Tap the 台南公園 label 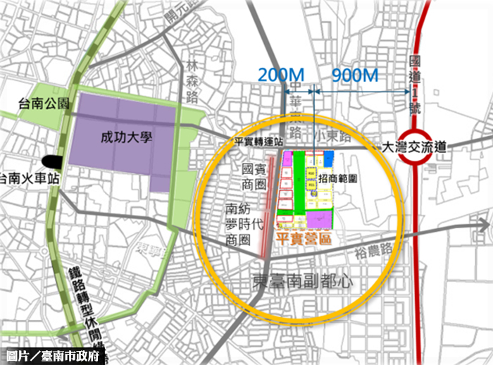click(x=44, y=104)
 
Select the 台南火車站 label click(x=28, y=178)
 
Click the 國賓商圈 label click(x=252, y=177)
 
